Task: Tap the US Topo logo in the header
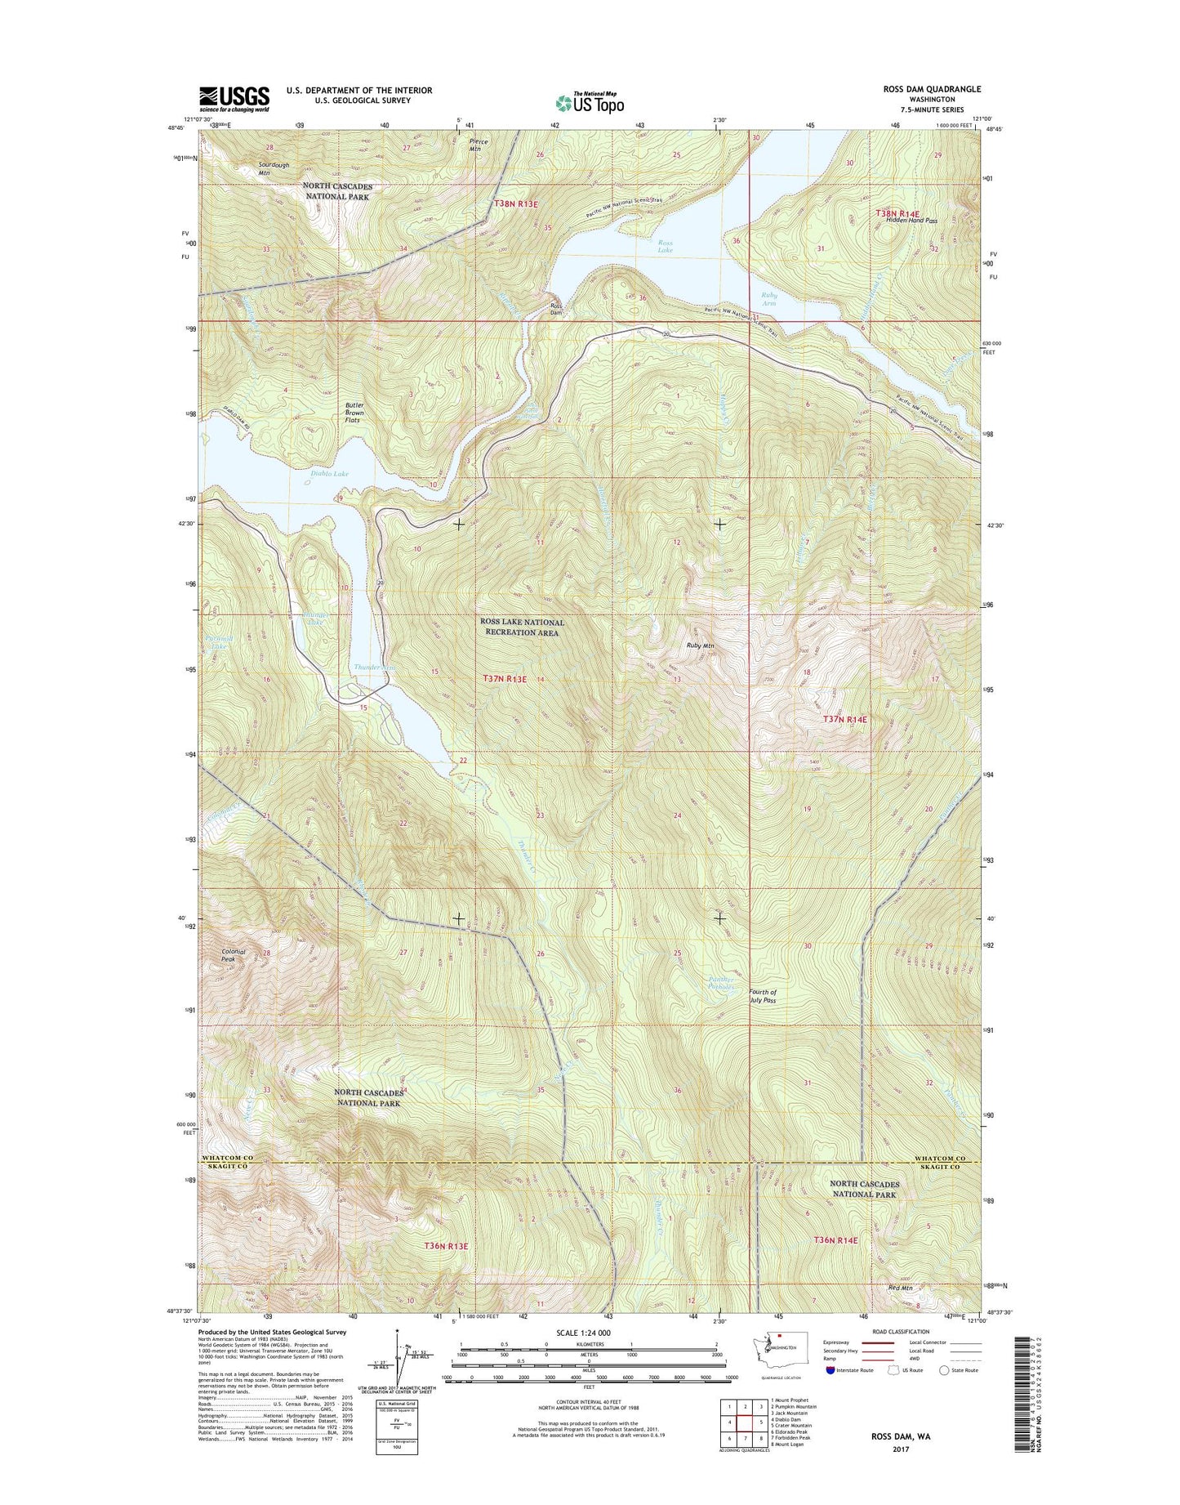tap(590, 102)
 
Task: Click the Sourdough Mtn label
tap(274, 169)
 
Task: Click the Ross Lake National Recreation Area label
tap(522, 627)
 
